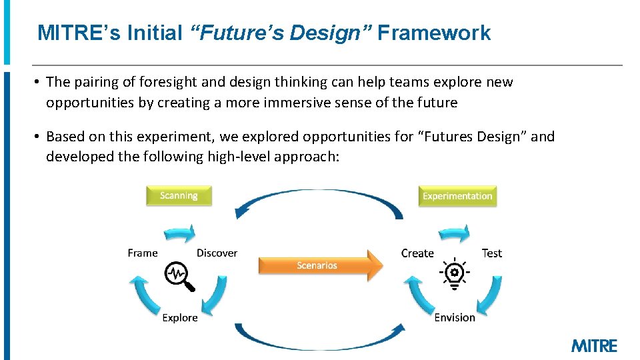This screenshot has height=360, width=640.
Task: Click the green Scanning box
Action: (x=179, y=195)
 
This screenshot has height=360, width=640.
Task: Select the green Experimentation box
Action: (x=457, y=196)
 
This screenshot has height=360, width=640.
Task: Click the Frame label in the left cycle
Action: (x=143, y=253)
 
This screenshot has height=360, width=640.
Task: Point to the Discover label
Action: (x=217, y=253)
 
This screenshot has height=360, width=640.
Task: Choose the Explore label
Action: (x=180, y=317)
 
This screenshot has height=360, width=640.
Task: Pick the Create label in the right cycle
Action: (x=417, y=253)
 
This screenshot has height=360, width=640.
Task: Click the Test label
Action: (x=492, y=253)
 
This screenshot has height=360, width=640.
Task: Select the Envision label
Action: (x=455, y=317)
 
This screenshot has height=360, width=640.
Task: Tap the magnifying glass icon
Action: (x=180, y=276)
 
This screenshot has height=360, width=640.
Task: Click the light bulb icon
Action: (x=455, y=274)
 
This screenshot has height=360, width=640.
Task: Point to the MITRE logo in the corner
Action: (x=594, y=345)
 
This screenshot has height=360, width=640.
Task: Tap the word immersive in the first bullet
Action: (x=304, y=103)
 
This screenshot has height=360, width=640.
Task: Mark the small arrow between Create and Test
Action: (x=455, y=233)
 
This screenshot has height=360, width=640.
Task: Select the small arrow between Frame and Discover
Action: (x=180, y=233)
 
